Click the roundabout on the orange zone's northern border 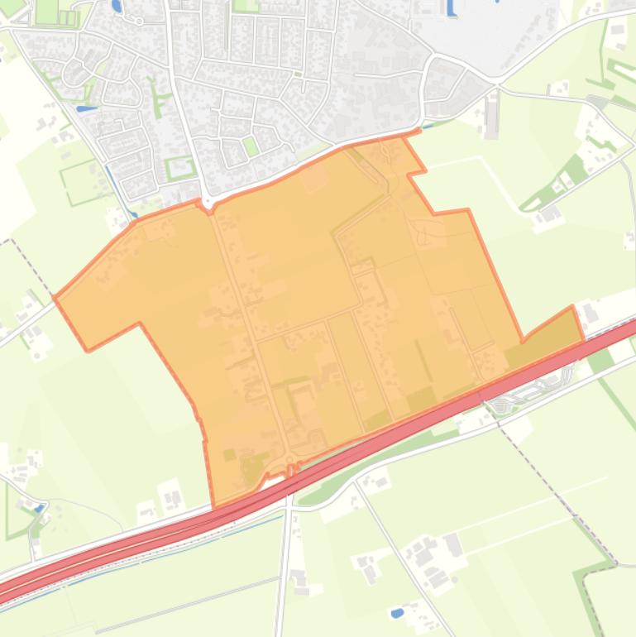click(x=206, y=202)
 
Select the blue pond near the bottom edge click(x=397, y=613)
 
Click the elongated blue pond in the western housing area click(x=86, y=108)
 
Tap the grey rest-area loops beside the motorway click(x=529, y=389)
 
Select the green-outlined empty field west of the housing click(x=83, y=182)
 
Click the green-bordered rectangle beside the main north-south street click(x=180, y=168)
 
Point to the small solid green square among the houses click(x=250, y=146)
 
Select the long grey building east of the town click(x=494, y=115)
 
